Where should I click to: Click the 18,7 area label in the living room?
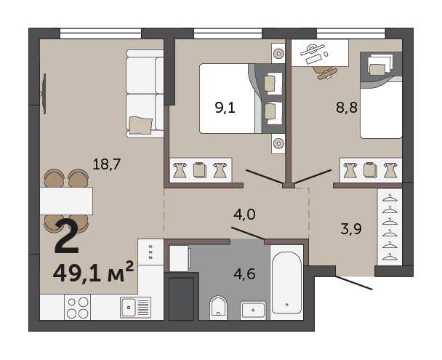click(x=107, y=164)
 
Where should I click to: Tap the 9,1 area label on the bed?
click(x=225, y=108)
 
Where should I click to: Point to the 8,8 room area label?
click(x=347, y=108)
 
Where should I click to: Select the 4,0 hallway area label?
click(x=244, y=215)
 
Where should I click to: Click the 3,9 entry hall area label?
click(x=351, y=229)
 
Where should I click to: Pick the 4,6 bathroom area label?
click(x=244, y=274)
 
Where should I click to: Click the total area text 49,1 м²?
click(x=93, y=273)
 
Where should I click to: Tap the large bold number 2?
click(x=67, y=236)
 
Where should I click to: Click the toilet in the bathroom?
click(x=218, y=308)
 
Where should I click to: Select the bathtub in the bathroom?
click(x=286, y=282)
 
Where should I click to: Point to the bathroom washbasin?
click(x=253, y=311)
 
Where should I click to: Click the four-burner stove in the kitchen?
click(x=78, y=308)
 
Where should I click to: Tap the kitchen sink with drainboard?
click(x=135, y=308)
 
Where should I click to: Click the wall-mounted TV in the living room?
click(x=44, y=94)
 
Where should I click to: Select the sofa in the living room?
click(x=145, y=94)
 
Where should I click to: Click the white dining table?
click(x=66, y=201)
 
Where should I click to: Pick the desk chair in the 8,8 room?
click(x=325, y=73)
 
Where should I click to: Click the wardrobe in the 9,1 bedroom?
click(x=201, y=170)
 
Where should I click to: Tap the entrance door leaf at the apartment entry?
click(x=354, y=283)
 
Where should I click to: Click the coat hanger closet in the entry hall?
click(x=390, y=227)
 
